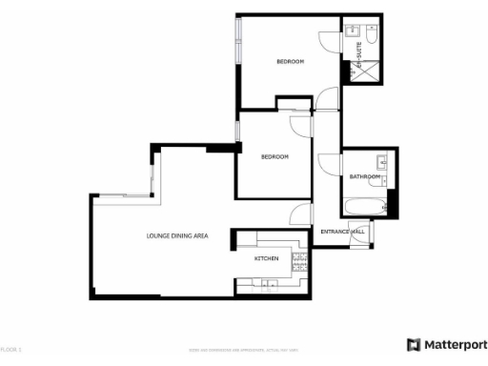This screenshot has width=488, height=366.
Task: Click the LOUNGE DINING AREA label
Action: (x=177, y=235)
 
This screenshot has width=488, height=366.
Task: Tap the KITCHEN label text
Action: (x=265, y=259)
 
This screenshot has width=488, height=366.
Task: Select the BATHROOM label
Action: (x=364, y=177)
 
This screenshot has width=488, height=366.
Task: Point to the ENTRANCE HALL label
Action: (x=342, y=232)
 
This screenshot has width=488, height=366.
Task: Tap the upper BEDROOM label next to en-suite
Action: (x=290, y=62)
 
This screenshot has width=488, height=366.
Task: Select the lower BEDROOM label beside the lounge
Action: (x=274, y=156)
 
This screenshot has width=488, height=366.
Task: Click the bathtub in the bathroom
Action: (x=363, y=206)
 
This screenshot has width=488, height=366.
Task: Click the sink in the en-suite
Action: (x=352, y=31)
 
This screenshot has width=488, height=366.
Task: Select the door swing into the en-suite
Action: (x=329, y=43)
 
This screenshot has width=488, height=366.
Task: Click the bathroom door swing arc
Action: (x=330, y=164)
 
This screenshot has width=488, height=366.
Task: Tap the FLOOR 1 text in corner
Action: (x=10, y=350)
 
